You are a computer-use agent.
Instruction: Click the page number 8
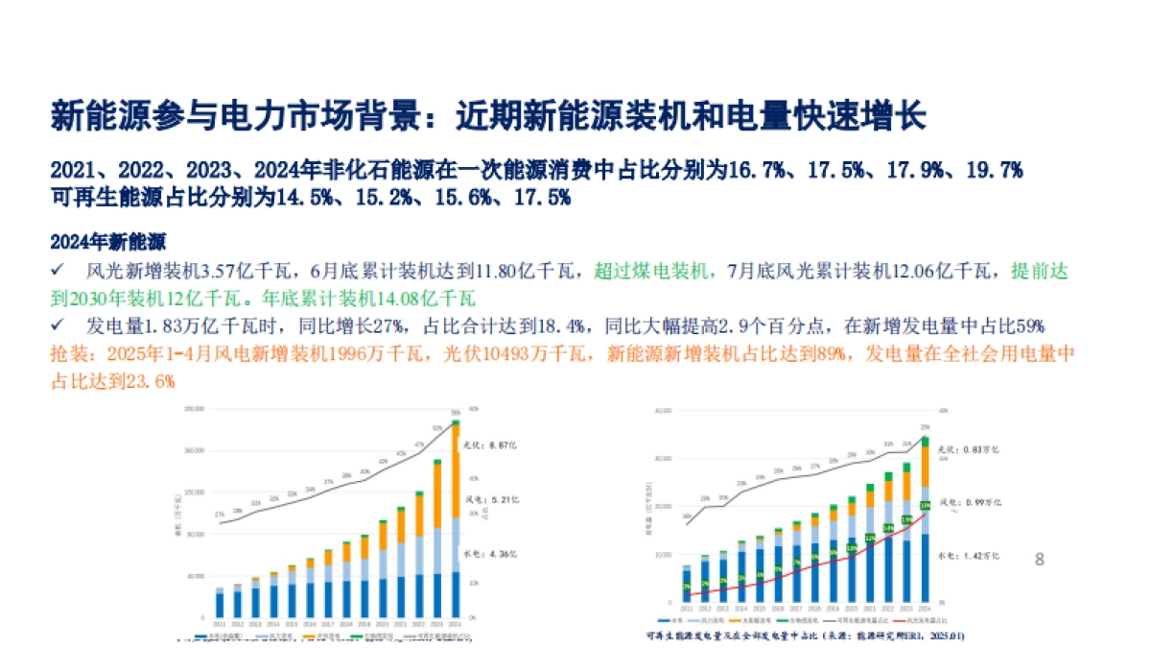(1040, 559)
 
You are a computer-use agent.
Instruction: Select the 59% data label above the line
(457, 413)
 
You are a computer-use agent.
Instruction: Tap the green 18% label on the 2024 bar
(925, 505)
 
